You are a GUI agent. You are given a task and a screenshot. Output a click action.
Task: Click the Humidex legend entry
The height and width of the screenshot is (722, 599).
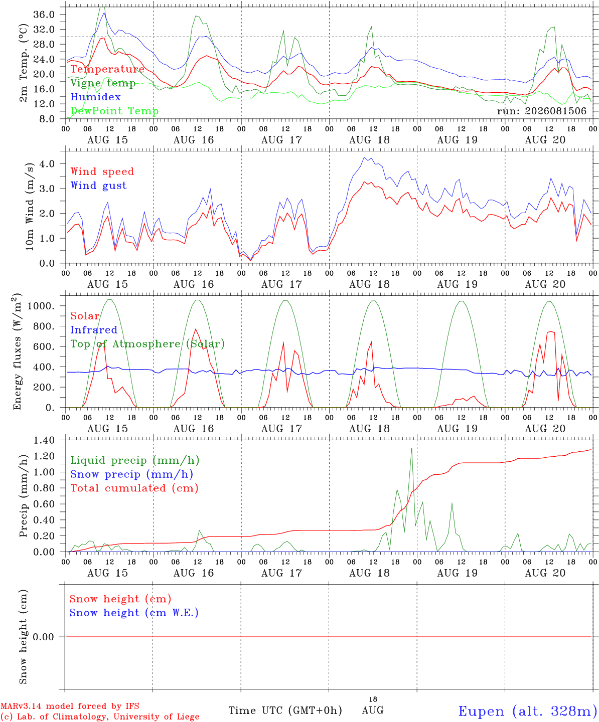[95, 97]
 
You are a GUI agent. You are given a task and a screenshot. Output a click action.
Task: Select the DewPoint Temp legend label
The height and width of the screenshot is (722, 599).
[114, 111]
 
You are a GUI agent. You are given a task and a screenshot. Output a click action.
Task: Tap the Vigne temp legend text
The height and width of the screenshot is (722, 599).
[103, 83]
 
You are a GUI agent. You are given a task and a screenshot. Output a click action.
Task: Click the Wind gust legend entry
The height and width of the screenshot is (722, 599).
[99, 186]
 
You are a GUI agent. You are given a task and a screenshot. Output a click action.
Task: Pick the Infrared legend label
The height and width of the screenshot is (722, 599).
[94, 329]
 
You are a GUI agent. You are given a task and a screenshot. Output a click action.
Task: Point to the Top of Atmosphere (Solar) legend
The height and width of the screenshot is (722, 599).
[148, 344]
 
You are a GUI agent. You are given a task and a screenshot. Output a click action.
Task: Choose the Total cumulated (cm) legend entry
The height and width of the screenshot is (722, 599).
[134, 488]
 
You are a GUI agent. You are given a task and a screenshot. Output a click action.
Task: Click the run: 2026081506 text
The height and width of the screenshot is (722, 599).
[541, 111]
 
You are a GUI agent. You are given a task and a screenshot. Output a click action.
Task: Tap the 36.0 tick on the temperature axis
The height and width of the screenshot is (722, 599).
[44, 15]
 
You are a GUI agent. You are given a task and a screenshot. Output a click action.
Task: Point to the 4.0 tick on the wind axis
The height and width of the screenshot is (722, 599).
[47, 163]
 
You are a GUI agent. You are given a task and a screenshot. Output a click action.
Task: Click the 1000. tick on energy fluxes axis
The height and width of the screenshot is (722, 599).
[41, 306]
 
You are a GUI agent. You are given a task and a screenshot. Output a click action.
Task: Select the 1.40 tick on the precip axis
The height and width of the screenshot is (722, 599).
[44, 440]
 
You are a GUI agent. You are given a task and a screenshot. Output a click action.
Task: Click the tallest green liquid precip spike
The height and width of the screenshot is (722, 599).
[411, 448]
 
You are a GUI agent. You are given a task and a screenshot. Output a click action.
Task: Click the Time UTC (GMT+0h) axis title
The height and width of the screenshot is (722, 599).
[285, 710]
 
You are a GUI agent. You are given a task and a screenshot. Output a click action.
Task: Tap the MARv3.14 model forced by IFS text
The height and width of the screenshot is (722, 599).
[70, 706]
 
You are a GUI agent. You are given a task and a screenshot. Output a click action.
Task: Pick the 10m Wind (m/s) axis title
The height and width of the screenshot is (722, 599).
[30, 207]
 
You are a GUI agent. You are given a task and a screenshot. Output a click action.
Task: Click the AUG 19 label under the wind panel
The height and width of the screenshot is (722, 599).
[457, 284]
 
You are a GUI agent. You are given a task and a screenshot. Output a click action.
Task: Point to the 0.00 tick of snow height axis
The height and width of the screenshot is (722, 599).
[43, 637]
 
